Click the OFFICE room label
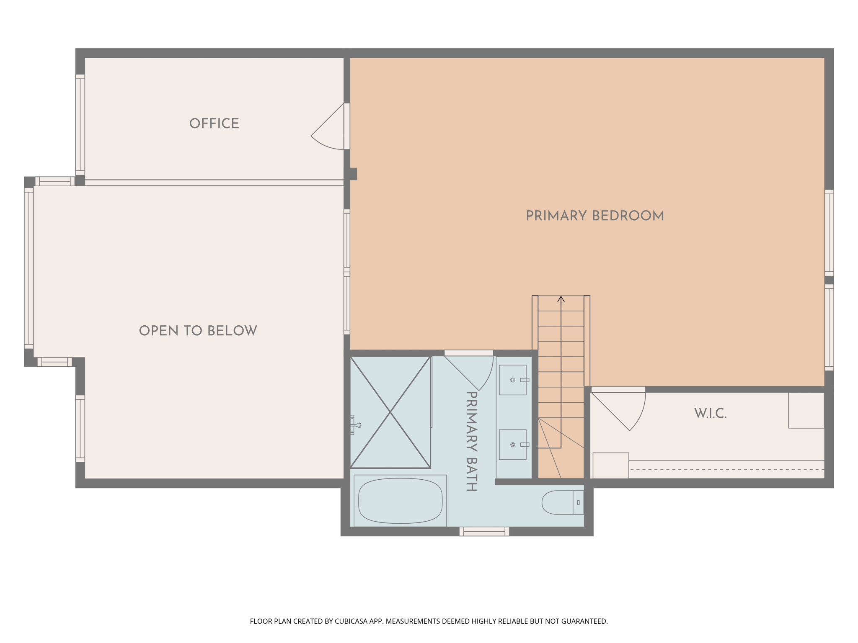pos(214,123)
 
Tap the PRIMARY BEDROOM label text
pos(594,216)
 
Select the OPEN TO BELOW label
pos(198,331)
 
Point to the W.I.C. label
pos(710,414)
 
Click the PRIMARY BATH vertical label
pos(472,441)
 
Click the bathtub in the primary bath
pos(400,501)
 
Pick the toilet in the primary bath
pos(561,502)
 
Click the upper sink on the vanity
pos(513,380)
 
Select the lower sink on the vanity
pos(513,445)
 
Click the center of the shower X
pos(390,412)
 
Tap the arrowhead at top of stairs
pos(561,299)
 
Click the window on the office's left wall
pos(80,125)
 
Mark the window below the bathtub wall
pos(484,531)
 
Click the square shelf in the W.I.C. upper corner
pos(806,410)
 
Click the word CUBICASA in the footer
pos(351,621)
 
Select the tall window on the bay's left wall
pos(28,268)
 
